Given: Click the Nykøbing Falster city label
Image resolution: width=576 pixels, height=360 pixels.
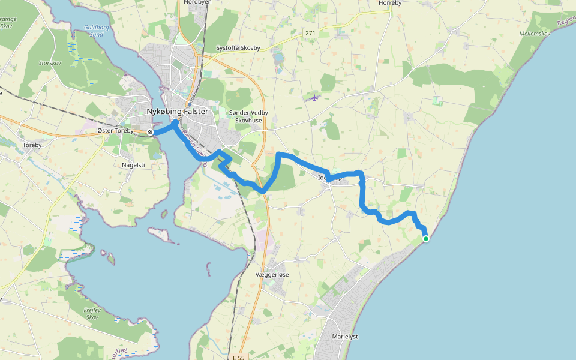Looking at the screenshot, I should click(x=177, y=112).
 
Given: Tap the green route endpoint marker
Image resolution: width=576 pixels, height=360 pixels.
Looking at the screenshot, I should click(x=426, y=239).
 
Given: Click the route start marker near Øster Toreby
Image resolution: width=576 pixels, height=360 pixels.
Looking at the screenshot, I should click(x=150, y=132).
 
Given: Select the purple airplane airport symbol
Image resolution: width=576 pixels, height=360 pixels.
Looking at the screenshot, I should click(x=314, y=98).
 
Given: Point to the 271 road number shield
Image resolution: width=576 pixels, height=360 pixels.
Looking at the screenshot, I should click(x=310, y=33).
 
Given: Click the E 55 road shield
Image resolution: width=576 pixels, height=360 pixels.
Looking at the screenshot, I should click(x=238, y=357).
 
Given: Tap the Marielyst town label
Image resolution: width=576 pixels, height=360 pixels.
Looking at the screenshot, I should click(x=345, y=337).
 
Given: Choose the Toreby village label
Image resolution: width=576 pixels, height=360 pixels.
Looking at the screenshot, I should click(x=32, y=145).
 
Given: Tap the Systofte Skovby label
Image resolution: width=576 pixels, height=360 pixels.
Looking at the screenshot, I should click(x=238, y=48).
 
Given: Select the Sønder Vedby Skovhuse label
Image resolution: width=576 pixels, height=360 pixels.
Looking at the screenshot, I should click(x=248, y=116).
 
